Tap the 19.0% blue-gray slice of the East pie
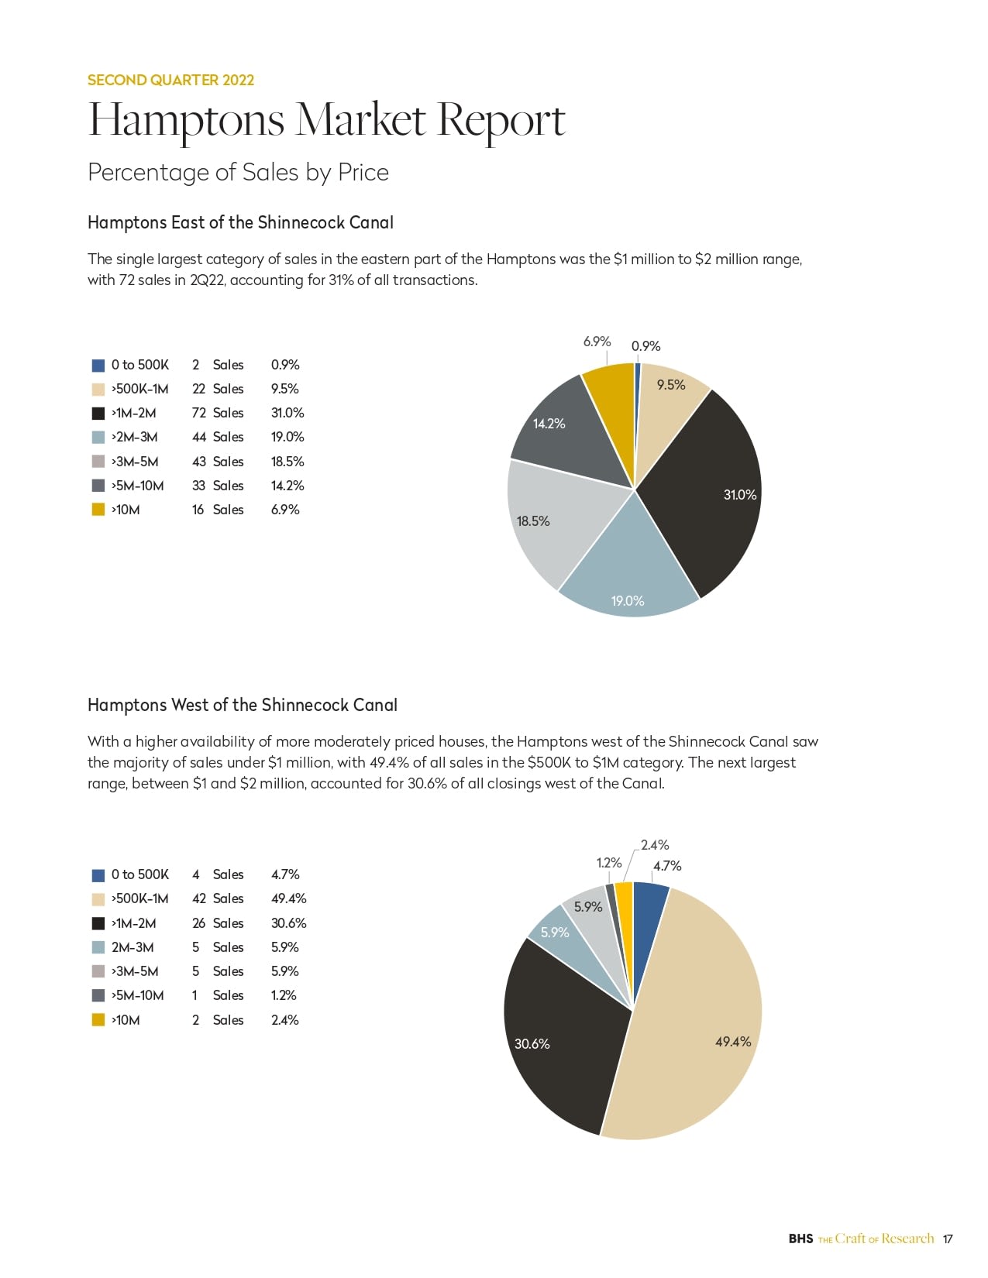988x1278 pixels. pyautogui.click(x=628, y=573)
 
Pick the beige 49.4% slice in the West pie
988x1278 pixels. pyautogui.click(x=697, y=1022)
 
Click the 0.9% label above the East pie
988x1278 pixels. pyautogui.click(x=645, y=346)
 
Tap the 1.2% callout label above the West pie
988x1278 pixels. pyautogui.click(x=608, y=863)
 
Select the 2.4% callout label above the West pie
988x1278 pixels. pyautogui.click(x=655, y=845)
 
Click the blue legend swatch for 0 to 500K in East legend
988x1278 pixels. pyautogui.click(x=98, y=366)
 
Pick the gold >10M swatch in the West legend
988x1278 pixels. pyautogui.click(x=98, y=1020)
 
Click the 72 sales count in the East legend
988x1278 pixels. pyautogui.click(x=199, y=413)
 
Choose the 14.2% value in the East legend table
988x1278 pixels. pyautogui.click(x=287, y=486)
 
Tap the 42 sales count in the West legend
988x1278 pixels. pyautogui.click(x=199, y=898)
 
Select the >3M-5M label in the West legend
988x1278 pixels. pyautogui.click(x=135, y=971)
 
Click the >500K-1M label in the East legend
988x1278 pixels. pyautogui.click(x=139, y=389)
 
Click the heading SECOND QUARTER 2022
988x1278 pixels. pyautogui.click(x=170, y=80)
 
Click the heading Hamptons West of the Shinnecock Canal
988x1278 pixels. pyautogui.click(x=242, y=705)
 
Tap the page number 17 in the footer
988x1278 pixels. pyautogui.click(x=948, y=1238)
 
